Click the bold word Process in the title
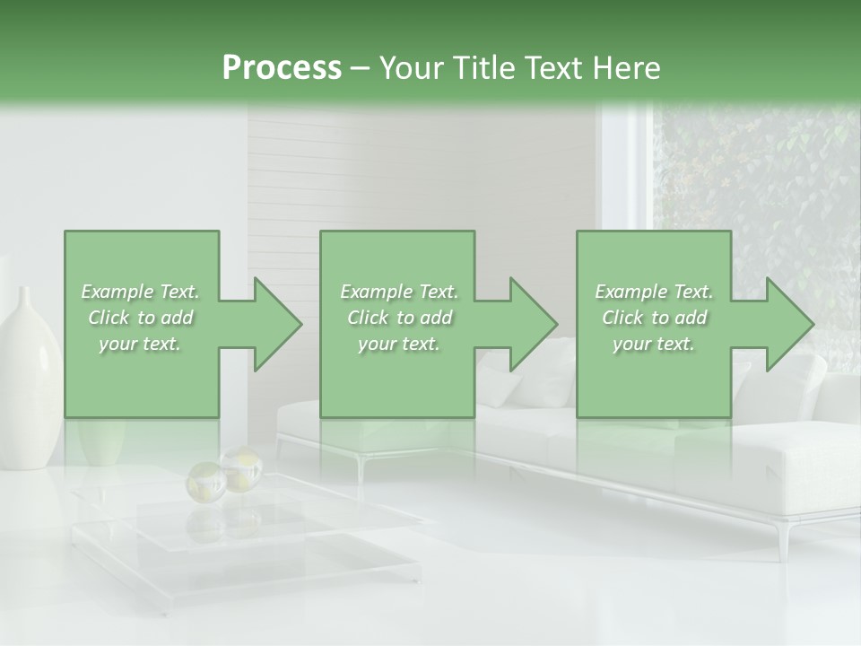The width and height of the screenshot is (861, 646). [282, 67]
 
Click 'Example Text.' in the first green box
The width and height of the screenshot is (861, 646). [140, 292]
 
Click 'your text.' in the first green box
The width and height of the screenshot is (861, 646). [140, 344]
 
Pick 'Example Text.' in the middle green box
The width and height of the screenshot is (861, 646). [399, 292]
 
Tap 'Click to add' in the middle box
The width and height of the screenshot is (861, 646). [399, 318]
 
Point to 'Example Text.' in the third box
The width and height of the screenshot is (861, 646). [654, 292]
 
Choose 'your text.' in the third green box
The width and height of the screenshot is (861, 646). [654, 344]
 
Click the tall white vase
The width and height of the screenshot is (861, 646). [29, 386]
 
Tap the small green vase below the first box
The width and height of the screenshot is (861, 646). [101, 441]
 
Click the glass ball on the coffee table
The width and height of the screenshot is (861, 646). [240, 468]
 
